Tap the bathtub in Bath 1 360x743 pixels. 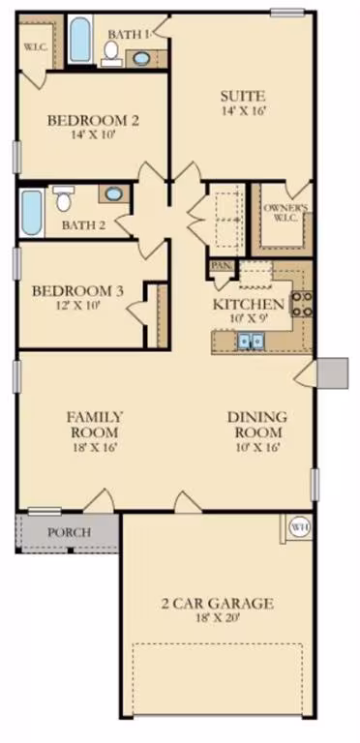pos(79,40)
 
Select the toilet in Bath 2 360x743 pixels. pos(64,198)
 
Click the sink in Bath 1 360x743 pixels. pos(141,59)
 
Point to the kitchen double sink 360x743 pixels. pos(250,341)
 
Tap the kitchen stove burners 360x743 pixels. pos(302,304)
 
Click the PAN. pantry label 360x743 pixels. pos(221,265)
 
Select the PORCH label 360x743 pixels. pos(69,532)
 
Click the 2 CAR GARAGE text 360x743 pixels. pos(217,604)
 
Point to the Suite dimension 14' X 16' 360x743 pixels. pos(243,111)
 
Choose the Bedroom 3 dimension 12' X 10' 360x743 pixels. pos(77,305)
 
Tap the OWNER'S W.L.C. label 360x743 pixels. pos(285,212)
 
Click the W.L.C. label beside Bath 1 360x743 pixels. pos(36,47)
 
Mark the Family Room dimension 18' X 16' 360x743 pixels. pos(94,447)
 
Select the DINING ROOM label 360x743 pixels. pos(257,425)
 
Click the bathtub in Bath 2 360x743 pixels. pos(32,213)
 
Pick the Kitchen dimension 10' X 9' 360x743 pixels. pos(248,318)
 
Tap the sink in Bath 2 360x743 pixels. pos(113,193)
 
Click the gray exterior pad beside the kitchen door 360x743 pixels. pos(333,372)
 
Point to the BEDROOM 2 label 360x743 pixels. pos(93,120)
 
